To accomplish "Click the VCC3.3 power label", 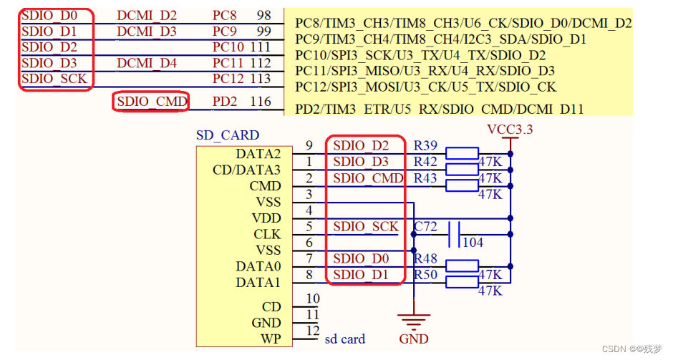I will click(510, 130).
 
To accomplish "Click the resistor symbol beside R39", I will click(462, 152).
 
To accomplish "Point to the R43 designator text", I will click(425, 178).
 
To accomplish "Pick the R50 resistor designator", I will click(425, 276).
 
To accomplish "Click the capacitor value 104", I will click(473, 243).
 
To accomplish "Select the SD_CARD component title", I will click(228, 135).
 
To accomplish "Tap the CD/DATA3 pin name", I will click(247, 170).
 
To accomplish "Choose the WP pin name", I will click(271, 339).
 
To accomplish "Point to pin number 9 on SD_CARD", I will click(309, 146).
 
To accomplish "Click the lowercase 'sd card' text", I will click(345, 339).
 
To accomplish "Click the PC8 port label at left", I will click(225, 15).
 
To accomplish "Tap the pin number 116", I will click(261, 102).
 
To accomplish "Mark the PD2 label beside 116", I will click(225, 102).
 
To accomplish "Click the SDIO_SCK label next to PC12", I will click(54, 79).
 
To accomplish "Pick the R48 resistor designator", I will click(425, 259).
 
